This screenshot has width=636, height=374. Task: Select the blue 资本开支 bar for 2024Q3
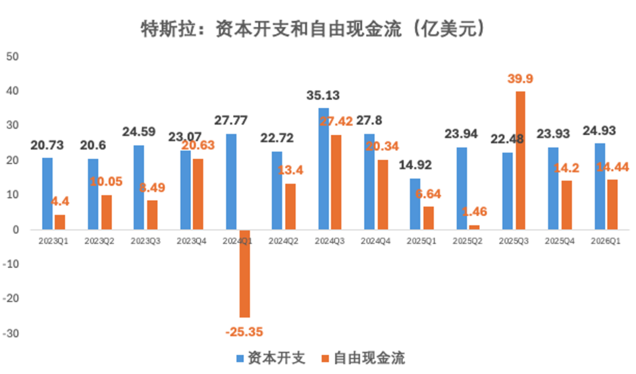tap(324, 169)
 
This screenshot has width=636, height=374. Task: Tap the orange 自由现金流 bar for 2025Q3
tap(521, 161)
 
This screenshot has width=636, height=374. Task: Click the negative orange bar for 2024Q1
tap(244, 273)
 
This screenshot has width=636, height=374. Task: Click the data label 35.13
tap(324, 96)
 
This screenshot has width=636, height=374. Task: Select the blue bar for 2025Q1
tap(415, 203)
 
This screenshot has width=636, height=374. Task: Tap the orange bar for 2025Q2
tap(474, 227)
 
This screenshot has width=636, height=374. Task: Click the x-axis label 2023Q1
tap(53, 241)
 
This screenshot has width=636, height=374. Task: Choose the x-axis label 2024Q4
tap(375, 241)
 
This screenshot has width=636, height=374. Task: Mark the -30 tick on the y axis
tap(11, 333)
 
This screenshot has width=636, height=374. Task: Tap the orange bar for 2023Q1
tap(60, 222)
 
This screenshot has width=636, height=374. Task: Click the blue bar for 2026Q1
tap(599, 186)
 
